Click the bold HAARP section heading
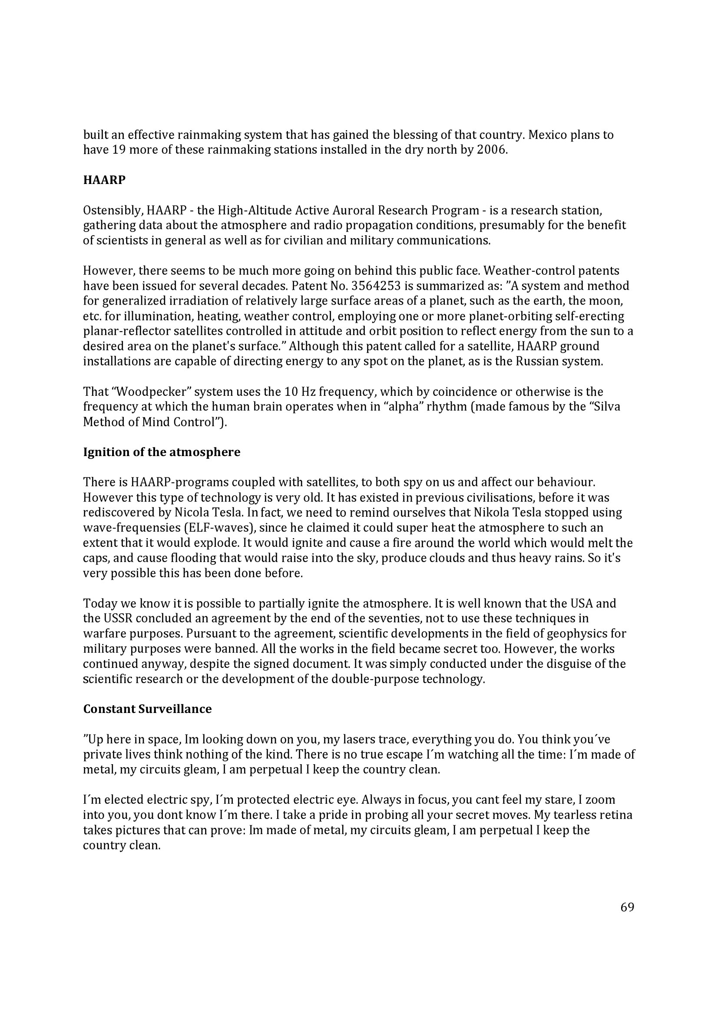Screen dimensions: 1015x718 (x=104, y=180)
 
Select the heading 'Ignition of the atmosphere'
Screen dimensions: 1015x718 (x=162, y=452)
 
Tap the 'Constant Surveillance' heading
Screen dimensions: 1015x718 (x=147, y=709)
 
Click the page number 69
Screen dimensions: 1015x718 (x=627, y=907)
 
